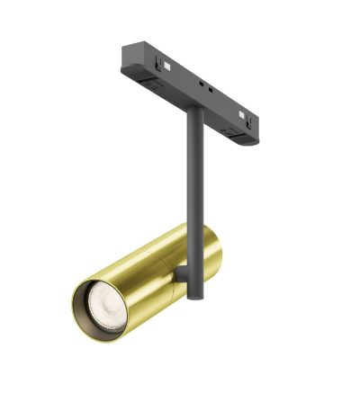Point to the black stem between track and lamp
pyautogui.click(x=193, y=180)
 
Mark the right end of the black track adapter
pyautogui.click(x=256, y=126)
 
